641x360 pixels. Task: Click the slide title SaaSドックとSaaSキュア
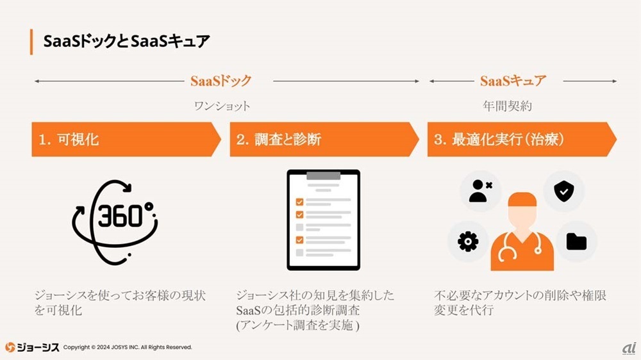coord(126,42)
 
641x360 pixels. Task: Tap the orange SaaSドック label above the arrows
coord(221,81)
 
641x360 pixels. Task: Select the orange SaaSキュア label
coord(513,81)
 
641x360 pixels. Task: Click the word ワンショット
coord(222,106)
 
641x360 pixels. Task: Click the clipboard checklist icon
coord(324,219)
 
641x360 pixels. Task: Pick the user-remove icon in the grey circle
coord(480,191)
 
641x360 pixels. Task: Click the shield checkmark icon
coord(563,191)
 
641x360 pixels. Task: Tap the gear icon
coord(468,241)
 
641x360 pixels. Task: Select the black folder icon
coord(576,241)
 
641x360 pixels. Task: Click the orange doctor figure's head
coord(522,208)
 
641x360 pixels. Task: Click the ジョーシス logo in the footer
coord(32,347)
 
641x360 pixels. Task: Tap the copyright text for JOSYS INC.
coord(128,347)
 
